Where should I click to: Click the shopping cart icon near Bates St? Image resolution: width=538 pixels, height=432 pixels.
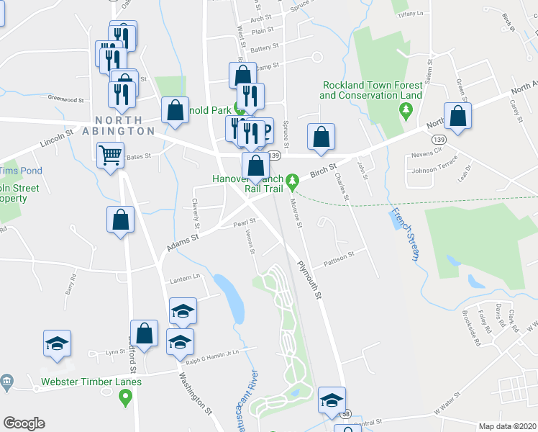tap(109, 154)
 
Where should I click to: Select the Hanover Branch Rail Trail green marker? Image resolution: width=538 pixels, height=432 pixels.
tap(292, 180)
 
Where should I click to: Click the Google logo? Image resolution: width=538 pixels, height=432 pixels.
tap(24, 423)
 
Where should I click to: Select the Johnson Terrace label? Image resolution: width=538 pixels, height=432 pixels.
tap(432, 170)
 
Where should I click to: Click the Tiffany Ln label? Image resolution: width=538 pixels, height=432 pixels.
tap(411, 14)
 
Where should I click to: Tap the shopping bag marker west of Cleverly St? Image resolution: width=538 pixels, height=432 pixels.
tap(121, 220)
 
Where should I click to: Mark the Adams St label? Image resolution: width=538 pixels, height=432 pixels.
tap(182, 237)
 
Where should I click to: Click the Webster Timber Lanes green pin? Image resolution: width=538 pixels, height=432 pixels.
tap(127, 395)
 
